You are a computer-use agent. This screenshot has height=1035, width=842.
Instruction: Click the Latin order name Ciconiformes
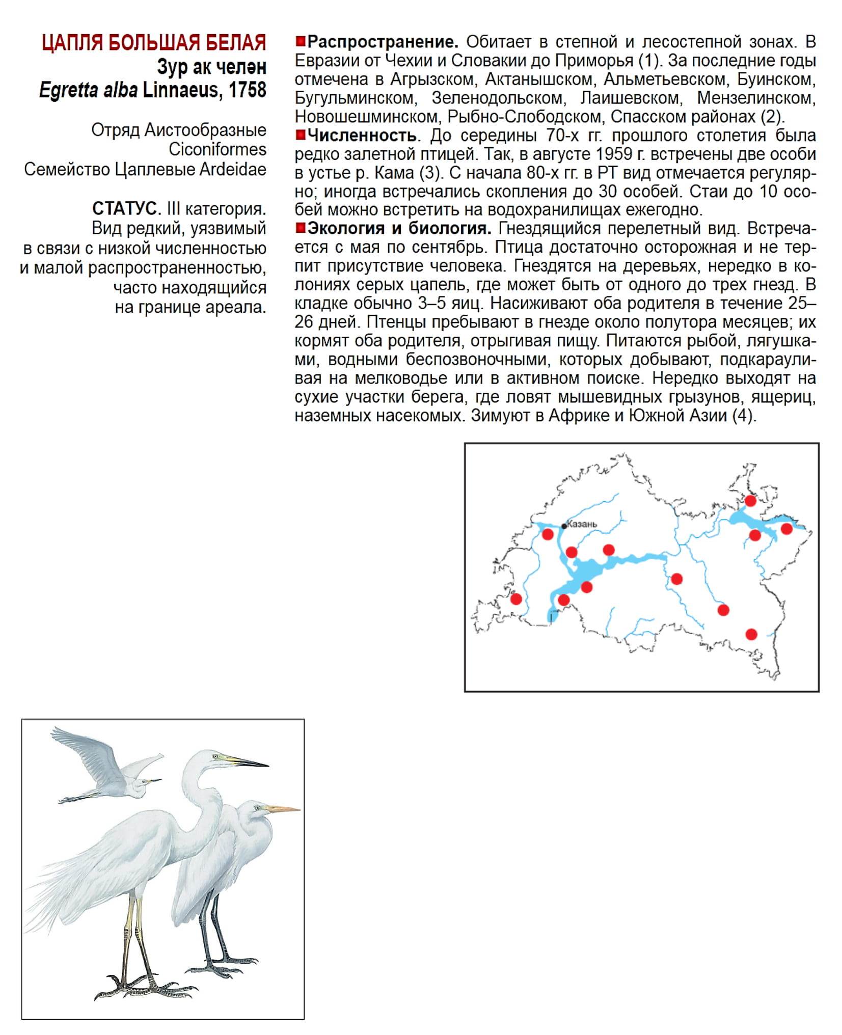pos(218,150)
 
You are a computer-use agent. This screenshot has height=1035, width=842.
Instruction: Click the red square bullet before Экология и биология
pos(300,228)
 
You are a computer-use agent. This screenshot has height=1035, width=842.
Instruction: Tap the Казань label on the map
pos(582,524)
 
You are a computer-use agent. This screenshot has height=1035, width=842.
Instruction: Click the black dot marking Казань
pos(564,526)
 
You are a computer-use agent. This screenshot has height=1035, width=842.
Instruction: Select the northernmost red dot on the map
pos(750,501)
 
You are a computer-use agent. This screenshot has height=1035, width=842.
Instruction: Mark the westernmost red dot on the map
pos(516,598)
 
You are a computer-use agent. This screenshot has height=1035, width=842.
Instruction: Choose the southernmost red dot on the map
pos(751,634)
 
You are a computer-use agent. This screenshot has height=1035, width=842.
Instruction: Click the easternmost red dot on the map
pos(786,529)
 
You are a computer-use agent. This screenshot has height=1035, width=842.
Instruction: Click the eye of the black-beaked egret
pos(215,756)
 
